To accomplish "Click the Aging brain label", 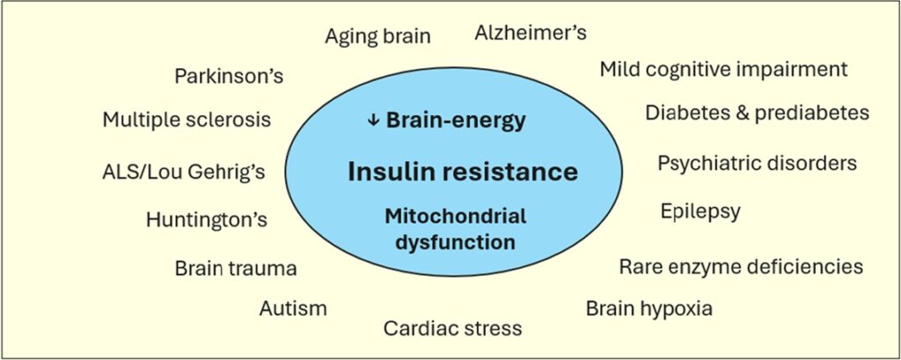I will (x=377, y=36).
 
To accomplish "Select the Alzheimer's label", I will (x=531, y=33).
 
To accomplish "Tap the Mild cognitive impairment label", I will (x=723, y=70).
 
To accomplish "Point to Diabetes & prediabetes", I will (x=757, y=113).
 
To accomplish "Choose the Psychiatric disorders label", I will (x=757, y=164).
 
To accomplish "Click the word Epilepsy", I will (x=700, y=212).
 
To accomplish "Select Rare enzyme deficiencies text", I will (x=741, y=266).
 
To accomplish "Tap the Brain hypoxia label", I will (x=648, y=309).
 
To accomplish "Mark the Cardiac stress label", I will (x=452, y=328).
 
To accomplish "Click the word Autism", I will (x=293, y=308).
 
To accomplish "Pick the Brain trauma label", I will (x=235, y=268).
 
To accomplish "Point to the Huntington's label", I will (x=207, y=219).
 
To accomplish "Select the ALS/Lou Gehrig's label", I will (x=183, y=170).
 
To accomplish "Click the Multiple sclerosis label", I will (x=187, y=119).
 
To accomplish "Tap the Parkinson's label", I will (x=229, y=76).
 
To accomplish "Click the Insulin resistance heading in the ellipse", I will (x=463, y=171).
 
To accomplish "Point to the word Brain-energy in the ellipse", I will (x=456, y=121).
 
